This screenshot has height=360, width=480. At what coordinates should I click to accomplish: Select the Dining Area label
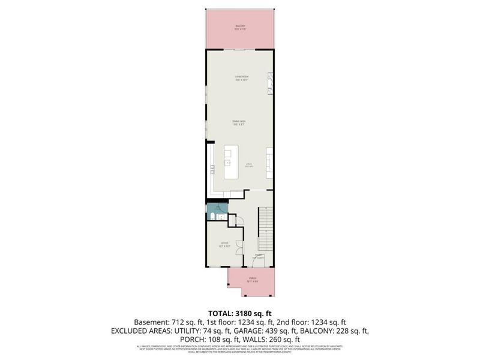point(241,124)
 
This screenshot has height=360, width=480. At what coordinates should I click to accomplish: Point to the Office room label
point(223,244)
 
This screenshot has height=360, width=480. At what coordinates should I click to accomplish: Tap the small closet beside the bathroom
point(236,220)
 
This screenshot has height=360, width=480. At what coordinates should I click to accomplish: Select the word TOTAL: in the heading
point(220,313)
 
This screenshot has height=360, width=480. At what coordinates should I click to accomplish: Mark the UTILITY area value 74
point(214,331)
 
